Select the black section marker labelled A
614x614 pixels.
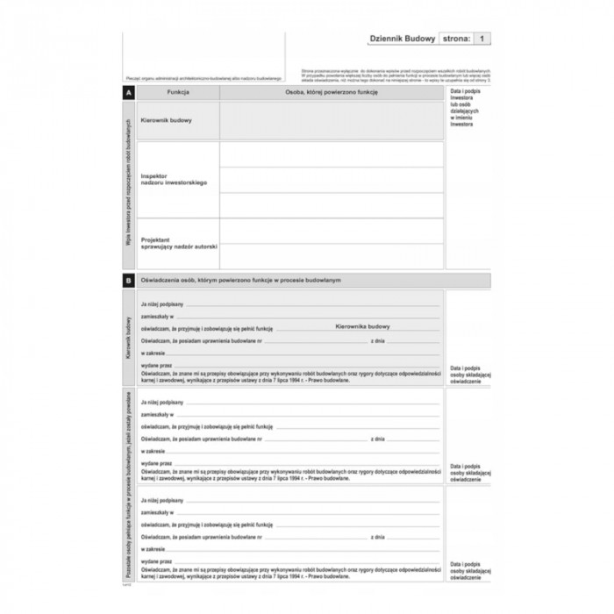coord(129,92)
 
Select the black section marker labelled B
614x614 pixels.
coord(129,280)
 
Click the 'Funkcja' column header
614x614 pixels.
coord(178,92)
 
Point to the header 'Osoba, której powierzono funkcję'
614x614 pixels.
coord(331,92)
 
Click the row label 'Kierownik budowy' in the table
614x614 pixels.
coord(167,120)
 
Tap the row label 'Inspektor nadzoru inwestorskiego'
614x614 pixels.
coord(174,179)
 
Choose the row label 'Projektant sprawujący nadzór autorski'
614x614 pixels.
coord(179,243)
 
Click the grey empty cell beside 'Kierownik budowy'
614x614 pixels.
coord(332,120)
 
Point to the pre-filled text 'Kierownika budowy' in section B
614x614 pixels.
coord(362,326)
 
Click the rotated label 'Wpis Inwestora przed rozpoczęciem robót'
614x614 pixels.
coord(128,184)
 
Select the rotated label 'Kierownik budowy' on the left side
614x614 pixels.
coord(128,338)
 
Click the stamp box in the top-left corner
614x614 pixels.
coord(203,53)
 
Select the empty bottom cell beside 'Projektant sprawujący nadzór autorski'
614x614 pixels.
coord(332,256)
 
